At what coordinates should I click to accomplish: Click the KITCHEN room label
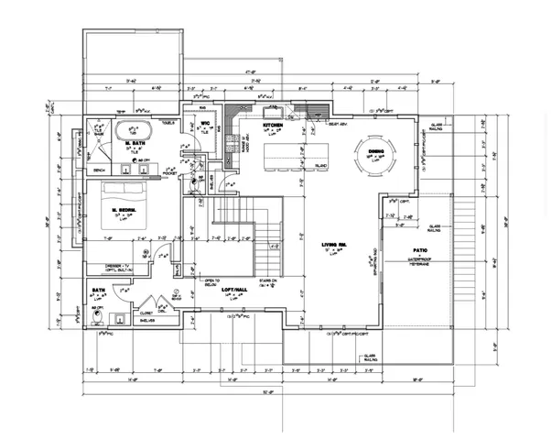[272, 124]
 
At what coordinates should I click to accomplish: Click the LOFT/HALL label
[236, 289]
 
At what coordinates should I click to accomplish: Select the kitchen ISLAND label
[320, 167]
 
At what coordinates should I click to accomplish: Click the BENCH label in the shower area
[100, 170]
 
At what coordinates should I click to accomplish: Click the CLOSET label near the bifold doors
[145, 312]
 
